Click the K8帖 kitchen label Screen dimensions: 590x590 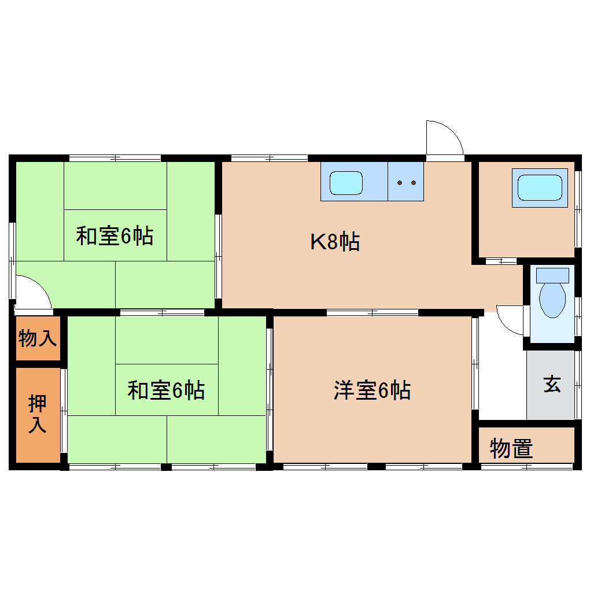(x=335, y=241)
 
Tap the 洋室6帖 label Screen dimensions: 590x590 (x=372, y=390)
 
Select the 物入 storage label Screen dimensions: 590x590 (x=38, y=338)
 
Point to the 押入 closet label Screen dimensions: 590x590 (x=38, y=414)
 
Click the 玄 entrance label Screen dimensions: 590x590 (x=552, y=385)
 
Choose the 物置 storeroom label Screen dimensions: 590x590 (x=511, y=448)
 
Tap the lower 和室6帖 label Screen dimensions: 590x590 (x=166, y=390)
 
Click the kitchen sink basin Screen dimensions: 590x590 (x=346, y=182)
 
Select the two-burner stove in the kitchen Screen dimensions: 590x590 (x=406, y=182)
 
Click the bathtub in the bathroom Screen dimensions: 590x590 (x=539, y=188)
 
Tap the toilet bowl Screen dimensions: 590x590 (x=552, y=300)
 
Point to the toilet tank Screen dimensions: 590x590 (x=552, y=275)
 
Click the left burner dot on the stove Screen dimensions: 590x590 (x=400, y=183)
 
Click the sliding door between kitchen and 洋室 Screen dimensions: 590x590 (x=372, y=313)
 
